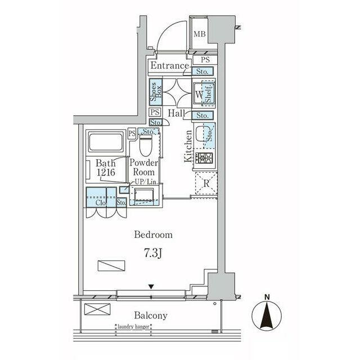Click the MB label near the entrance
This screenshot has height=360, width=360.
pyautogui.click(x=199, y=34)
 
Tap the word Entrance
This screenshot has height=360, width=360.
pyautogui.click(x=169, y=66)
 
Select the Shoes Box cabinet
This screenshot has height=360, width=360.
pyautogui.click(x=156, y=92)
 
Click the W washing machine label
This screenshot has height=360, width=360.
pyautogui.click(x=199, y=94)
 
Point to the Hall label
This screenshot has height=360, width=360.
pyautogui.click(x=176, y=113)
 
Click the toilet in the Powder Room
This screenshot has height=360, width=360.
pyautogui.click(x=146, y=145)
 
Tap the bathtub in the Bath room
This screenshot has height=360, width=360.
pyautogui.click(x=106, y=142)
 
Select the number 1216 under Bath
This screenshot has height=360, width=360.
pyautogui.click(x=106, y=172)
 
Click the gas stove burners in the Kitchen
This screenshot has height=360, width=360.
pyautogui.click(x=204, y=158)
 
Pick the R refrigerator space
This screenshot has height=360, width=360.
pyautogui.click(x=206, y=183)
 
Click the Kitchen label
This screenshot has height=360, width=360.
pyautogui.click(x=188, y=146)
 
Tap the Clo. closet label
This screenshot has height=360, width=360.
pyautogui.click(x=101, y=202)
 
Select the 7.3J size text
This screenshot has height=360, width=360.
pyautogui.click(x=153, y=254)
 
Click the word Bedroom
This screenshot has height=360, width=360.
pyautogui.click(x=153, y=235)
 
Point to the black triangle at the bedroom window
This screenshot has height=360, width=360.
pyautogui.click(x=151, y=286)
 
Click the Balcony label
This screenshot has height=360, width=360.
pyautogui.click(x=151, y=316)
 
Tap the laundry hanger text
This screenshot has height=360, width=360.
pyautogui.click(x=133, y=327)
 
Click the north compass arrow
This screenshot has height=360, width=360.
pyautogui.click(x=267, y=316)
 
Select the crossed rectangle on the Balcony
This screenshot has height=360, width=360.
pyautogui.click(x=97, y=309)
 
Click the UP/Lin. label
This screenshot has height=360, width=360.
pyautogui.click(x=146, y=182)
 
